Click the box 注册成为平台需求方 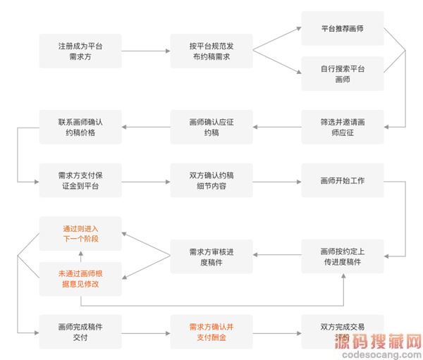[x=80, y=51]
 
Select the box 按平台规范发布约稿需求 [x=211, y=51]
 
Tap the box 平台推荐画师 [x=342, y=29]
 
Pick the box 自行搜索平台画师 [x=342, y=73]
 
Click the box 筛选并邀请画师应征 [x=342, y=127]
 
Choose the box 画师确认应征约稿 [x=211, y=127]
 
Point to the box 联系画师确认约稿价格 [x=80, y=127]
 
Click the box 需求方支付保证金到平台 [x=80, y=180]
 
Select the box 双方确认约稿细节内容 [x=211, y=180]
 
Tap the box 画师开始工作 [x=342, y=180]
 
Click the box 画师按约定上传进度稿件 [x=342, y=256]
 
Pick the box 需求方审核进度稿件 [x=211, y=256]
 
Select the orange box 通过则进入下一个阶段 [x=80, y=234]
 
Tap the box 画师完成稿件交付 [x=80, y=332]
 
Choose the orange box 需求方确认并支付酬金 [x=211, y=332]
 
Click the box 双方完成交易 [x=342, y=332]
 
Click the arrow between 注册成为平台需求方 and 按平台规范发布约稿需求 [x=145, y=51]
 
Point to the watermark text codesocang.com [x=380, y=354]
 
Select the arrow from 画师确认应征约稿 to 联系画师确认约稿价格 [x=145, y=127]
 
